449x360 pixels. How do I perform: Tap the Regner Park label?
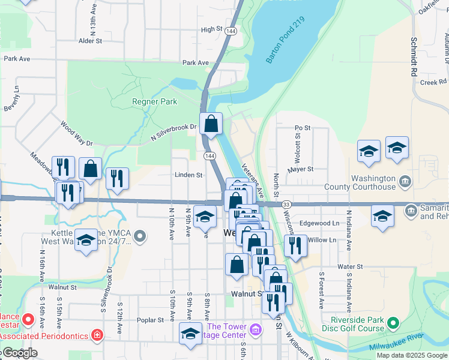[x=154, y=101]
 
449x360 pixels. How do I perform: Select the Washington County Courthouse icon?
[x=405, y=181]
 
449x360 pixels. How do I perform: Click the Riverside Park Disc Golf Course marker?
[x=393, y=324]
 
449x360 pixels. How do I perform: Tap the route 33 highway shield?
[x=286, y=205]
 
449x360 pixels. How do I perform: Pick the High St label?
[x=212, y=29]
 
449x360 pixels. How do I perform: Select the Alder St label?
[x=91, y=41]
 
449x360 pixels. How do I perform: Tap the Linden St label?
[x=188, y=175]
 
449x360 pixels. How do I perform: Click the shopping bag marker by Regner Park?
[x=211, y=124]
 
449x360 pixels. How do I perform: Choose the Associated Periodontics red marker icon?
[x=97, y=335]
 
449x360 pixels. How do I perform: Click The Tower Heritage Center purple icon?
[x=256, y=329]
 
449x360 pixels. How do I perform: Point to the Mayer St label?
[x=301, y=169]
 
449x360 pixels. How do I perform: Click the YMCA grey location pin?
[x=140, y=237]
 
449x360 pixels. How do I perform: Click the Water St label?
[x=351, y=266]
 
